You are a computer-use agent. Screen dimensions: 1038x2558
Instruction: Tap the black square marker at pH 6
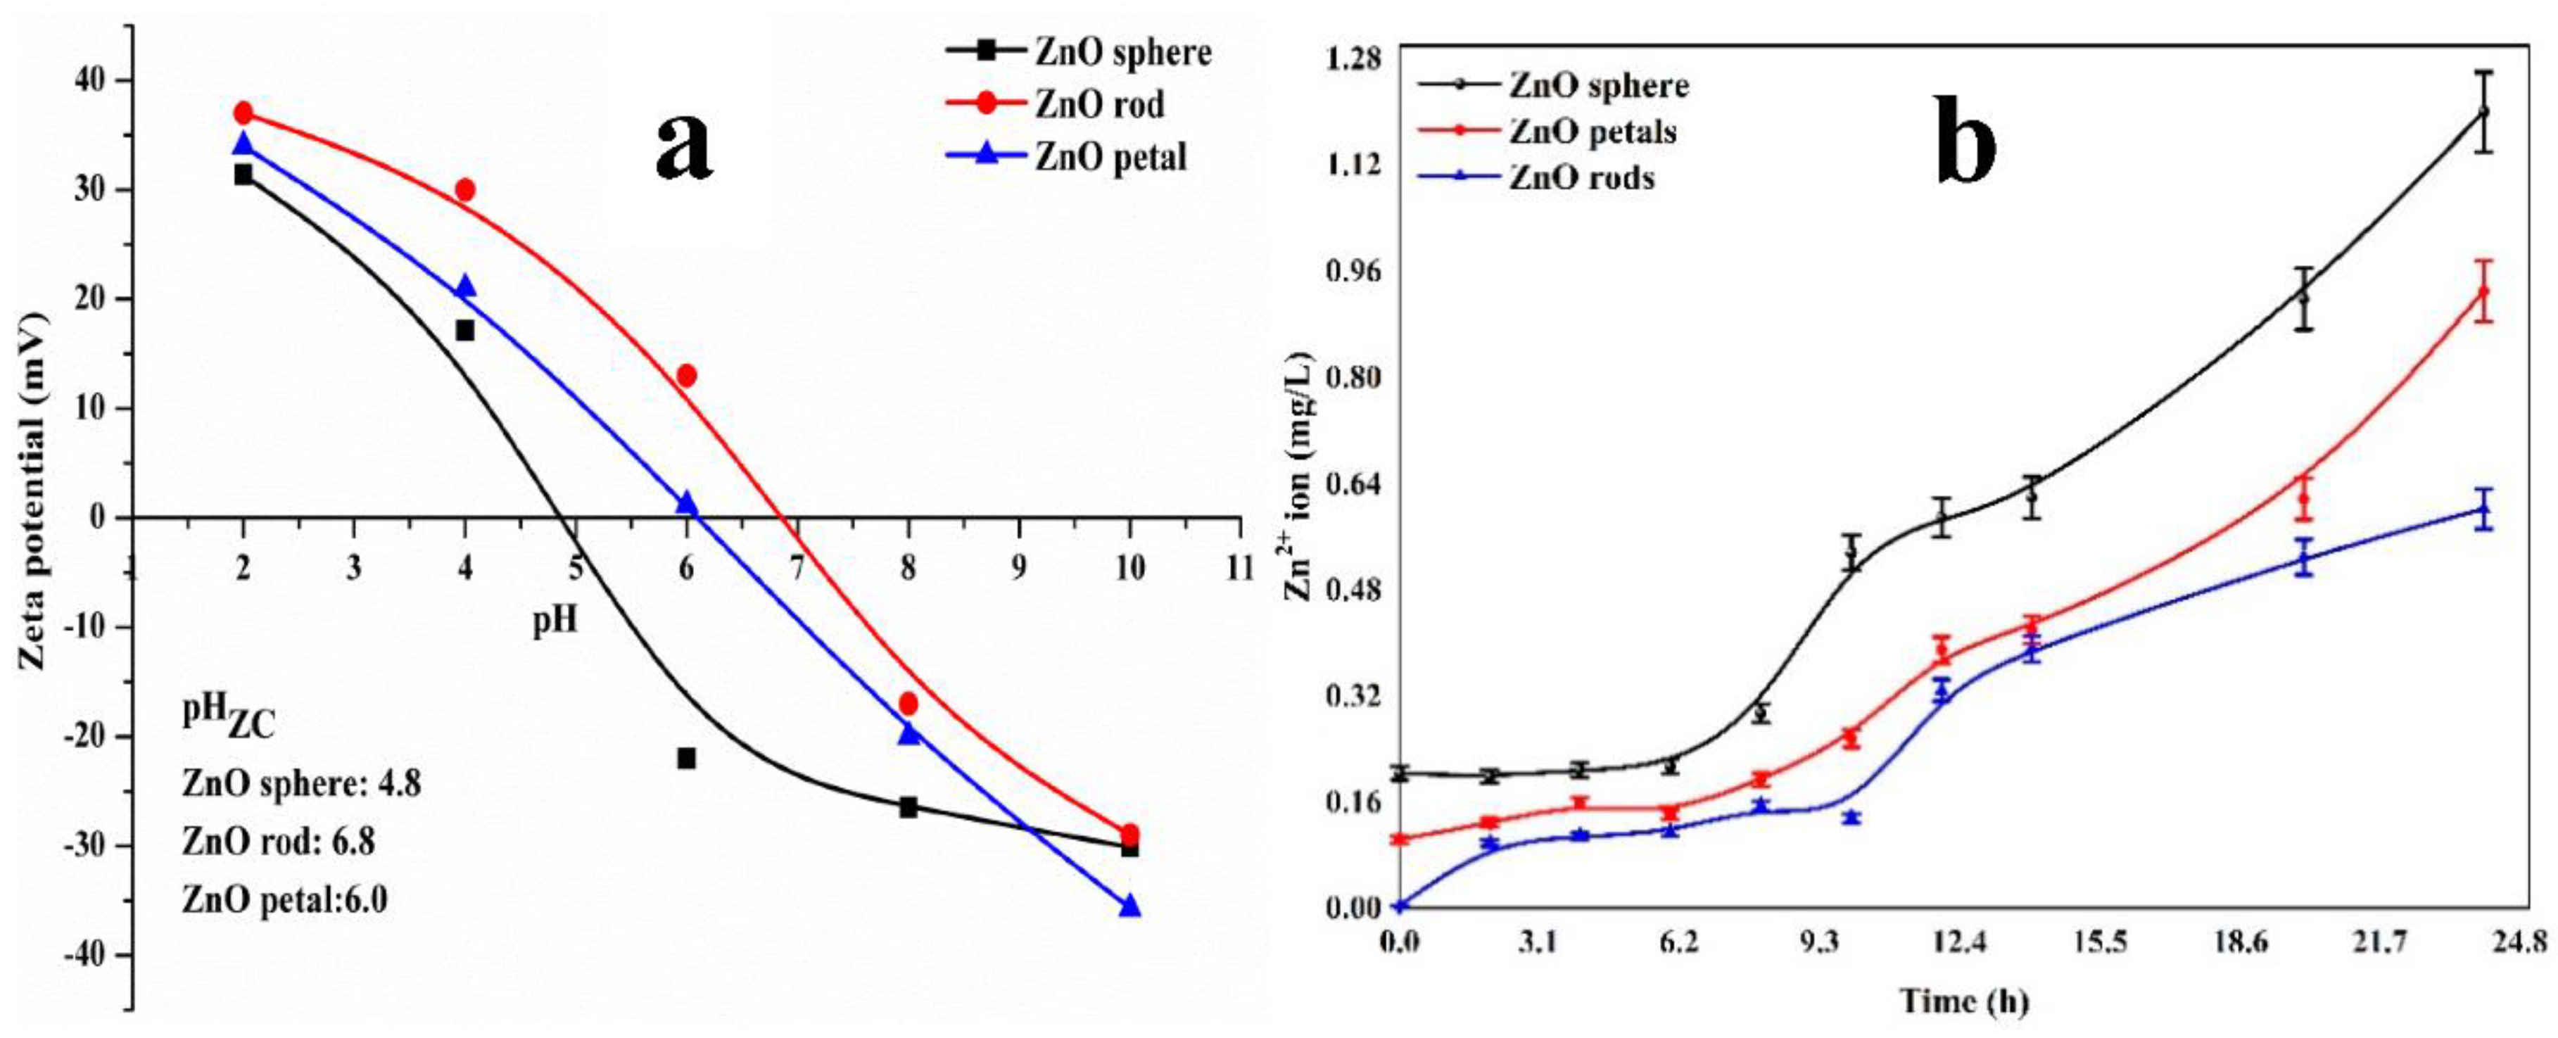point(686,758)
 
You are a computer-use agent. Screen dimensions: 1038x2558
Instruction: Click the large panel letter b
point(1966,147)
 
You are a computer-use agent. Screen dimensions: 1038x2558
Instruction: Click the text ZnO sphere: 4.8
point(302,784)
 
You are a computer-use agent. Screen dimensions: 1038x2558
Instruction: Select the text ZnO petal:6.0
point(286,900)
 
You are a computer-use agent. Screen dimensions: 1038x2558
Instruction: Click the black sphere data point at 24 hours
point(2483,112)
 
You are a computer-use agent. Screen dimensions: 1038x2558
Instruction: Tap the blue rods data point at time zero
point(1400,905)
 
